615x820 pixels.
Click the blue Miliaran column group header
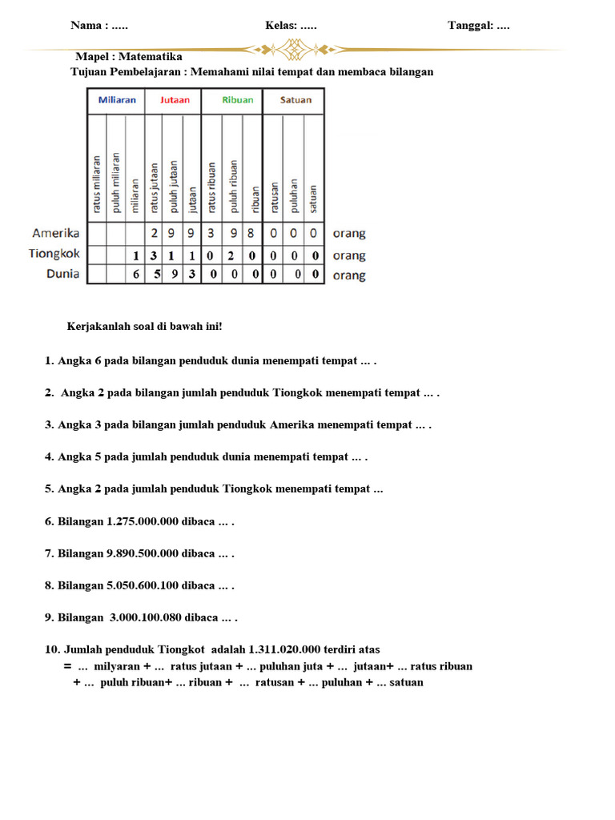pyautogui.click(x=117, y=100)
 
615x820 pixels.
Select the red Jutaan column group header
pyautogui.click(x=175, y=100)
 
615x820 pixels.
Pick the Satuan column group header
pyautogui.click(x=295, y=100)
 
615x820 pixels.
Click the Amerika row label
pyautogui.click(x=55, y=233)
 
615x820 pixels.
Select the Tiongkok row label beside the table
pyautogui.click(x=54, y=254)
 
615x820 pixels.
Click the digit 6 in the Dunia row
pyautogui.click(x=135, y=275)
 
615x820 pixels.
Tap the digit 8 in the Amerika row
pyautogui.click(x=251, y=234)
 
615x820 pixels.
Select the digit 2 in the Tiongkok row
pyautogui.click(x=230, y=256)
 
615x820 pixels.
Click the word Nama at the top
pyautogui.click(x=86, y=25)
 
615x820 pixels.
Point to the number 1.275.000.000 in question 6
pyautogui.click(x=149, y=521)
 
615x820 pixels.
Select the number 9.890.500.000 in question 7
pyautogui.click(x=149, y=553)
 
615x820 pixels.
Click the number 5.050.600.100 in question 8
pyautogui.click(x=149, y=585)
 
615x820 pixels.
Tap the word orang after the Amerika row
pyautogui.click(x=349, y=234)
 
